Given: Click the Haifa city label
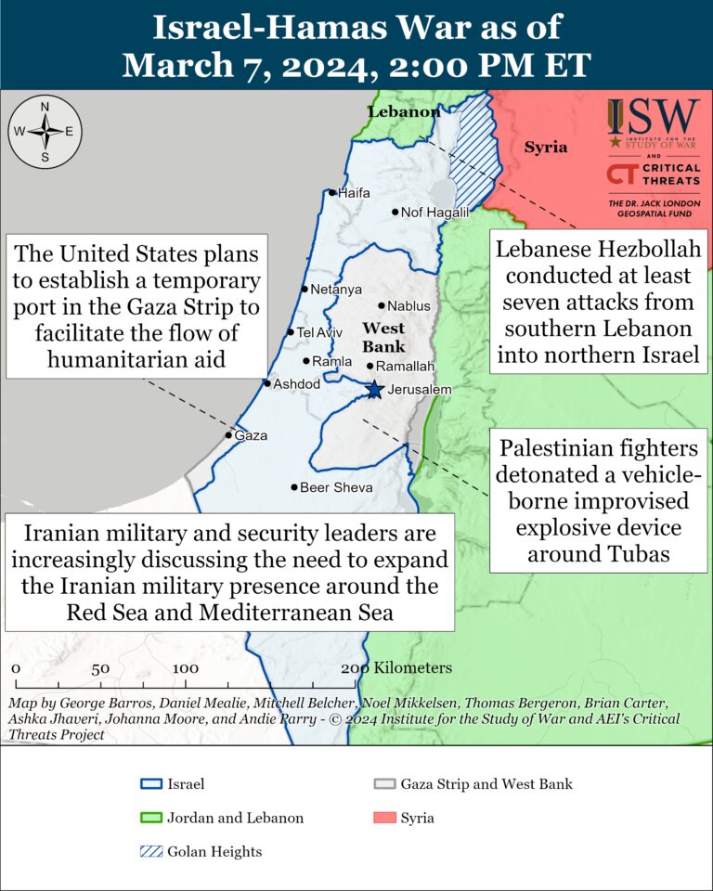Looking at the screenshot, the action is point(354,193).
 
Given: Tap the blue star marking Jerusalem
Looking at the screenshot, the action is point(374,390).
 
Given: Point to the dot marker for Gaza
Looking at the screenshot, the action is point(229,434).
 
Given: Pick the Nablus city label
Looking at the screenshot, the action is point(409,305).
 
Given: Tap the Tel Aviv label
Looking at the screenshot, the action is point(319,332).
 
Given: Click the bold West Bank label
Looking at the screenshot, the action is point(382,337).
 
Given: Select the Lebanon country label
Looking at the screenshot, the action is point(404,111).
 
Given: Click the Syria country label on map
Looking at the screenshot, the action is point(545,148).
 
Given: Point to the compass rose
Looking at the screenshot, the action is point(45,131).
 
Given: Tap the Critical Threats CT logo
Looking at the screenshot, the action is point(620,174).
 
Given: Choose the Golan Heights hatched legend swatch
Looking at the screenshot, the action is point(149,851).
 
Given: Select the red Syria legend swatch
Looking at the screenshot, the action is point(382,818).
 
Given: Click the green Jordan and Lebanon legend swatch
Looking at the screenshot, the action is point(149,818).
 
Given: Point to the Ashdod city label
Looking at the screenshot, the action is point(296,383).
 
